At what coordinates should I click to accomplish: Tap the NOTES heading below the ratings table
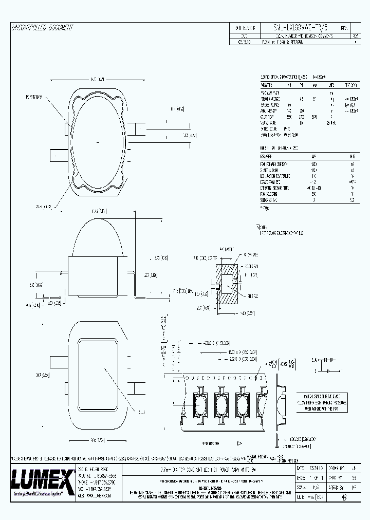(x=262, y=226)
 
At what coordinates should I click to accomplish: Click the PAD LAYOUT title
(x=227, y=249)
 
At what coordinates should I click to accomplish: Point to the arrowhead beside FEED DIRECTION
(x=239, y=428)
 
